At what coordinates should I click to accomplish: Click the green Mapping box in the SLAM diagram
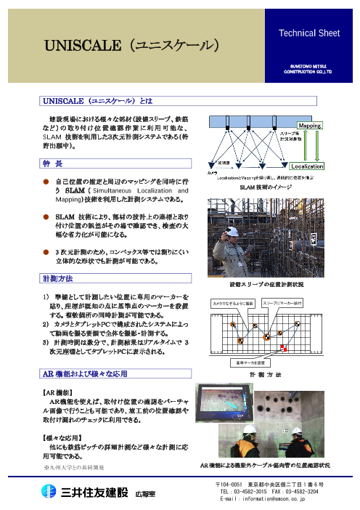pyautogui.click(x=311, y=124)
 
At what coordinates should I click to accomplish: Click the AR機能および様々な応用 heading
pyautogui.click(x=83, y=373)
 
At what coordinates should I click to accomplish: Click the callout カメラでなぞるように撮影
pyautogui.click(x=254, y=301)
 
